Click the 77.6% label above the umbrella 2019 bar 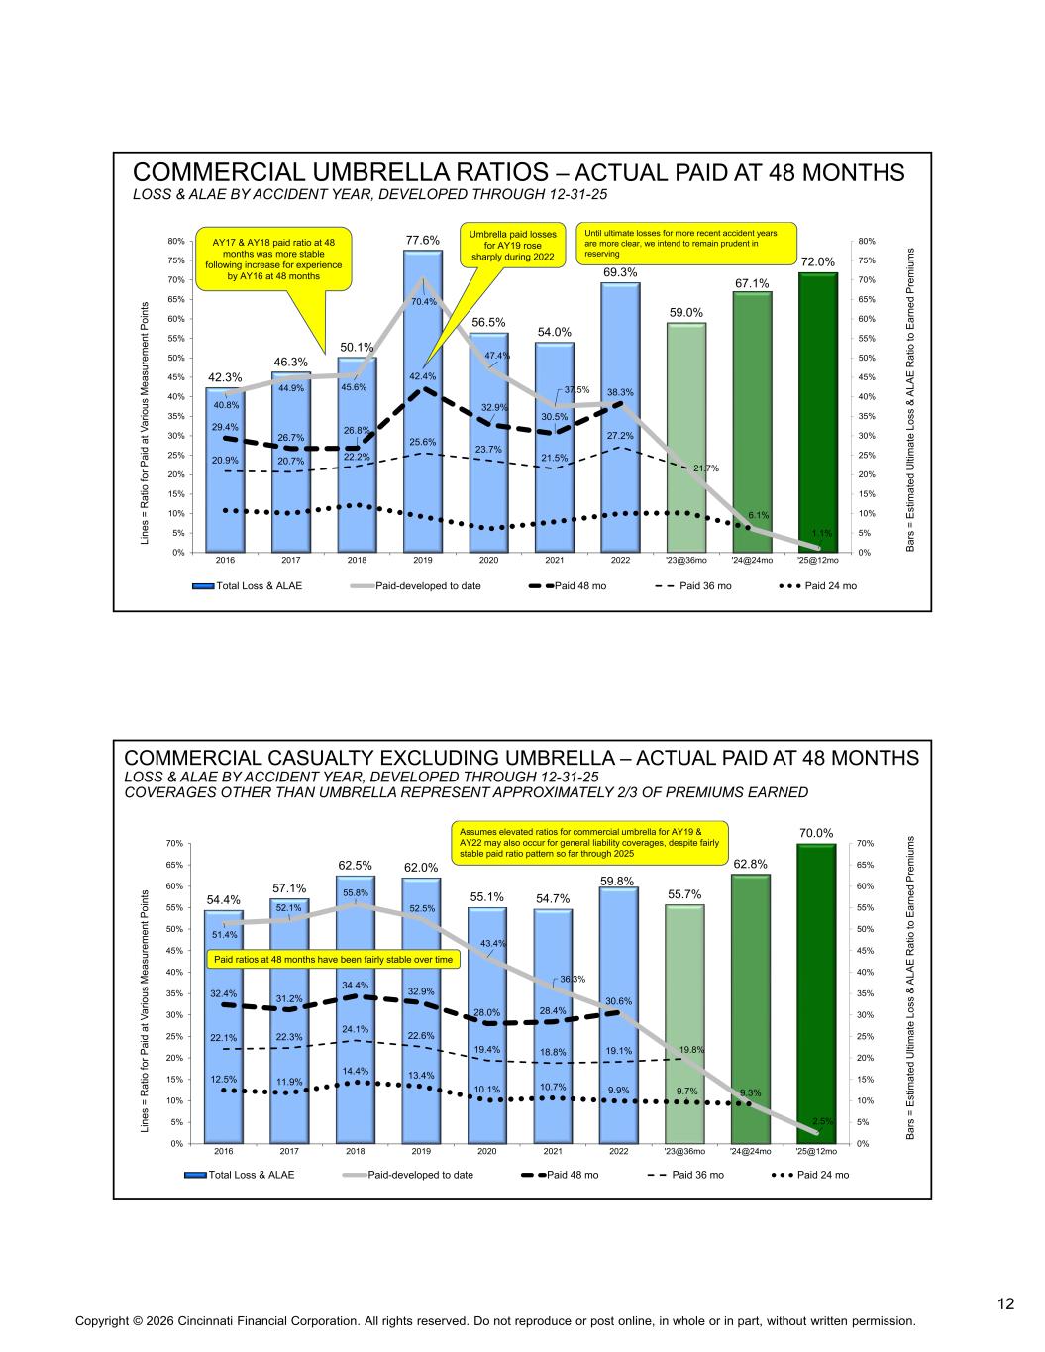click(x=422, y=240)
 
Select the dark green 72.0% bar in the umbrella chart click(x=818, y=412)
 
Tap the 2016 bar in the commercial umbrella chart click(x=225, y=469)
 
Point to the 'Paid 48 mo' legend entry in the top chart click(x=568, y=586)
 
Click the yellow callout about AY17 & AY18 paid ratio click(x=273, y=260)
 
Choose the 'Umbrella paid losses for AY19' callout click(x=512, y=245)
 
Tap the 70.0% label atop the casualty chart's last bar click(x=816, y=833)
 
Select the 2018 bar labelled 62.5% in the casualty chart click(x=356, y=1009)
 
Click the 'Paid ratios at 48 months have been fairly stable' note click(x=334, y=960)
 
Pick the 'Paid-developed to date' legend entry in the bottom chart click(x=408, y=1175)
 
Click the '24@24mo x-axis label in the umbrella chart click(x=752, y=560)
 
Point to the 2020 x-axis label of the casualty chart click(x=487, y=1151)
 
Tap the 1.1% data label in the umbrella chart click(x=822, y=533)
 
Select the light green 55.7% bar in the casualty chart click(x=684, y=1024)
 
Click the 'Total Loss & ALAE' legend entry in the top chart click(x=248, y=586)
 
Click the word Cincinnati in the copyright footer click(x=205, y=1321)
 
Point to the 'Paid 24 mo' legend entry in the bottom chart click(x=810, y=1175)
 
